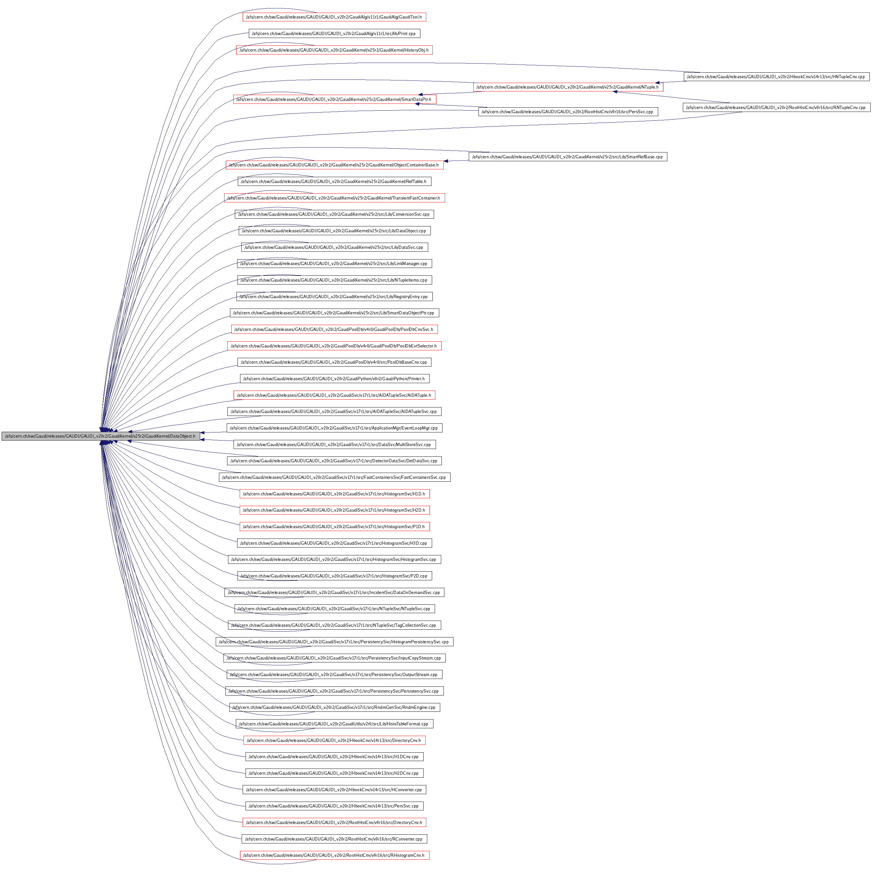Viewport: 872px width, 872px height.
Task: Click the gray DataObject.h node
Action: click(100, 436)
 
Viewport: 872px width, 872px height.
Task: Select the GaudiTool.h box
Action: click(334, 17)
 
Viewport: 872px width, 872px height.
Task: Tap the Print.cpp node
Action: click(334, 33)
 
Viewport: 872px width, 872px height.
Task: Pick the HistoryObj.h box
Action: click(334, 50)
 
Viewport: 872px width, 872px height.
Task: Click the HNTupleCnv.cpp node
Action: click(776, 77)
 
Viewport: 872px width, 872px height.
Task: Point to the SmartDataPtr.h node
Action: click(334, 99)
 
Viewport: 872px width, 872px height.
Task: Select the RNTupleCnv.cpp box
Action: click(776, 107)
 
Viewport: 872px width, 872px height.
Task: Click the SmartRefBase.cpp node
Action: click(568, 157)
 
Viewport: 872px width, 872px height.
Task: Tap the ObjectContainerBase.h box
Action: click(334, 165)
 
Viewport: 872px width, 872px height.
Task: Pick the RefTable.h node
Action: click(334, 181)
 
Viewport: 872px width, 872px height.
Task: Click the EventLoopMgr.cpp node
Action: click(334, 428)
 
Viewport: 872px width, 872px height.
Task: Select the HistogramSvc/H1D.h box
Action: click(334, 494)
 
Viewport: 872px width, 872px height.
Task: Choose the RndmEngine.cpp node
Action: click(334, 707)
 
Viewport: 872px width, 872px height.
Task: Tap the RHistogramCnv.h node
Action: click(334, 855)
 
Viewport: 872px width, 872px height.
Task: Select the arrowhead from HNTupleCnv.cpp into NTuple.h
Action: click(659, 83)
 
